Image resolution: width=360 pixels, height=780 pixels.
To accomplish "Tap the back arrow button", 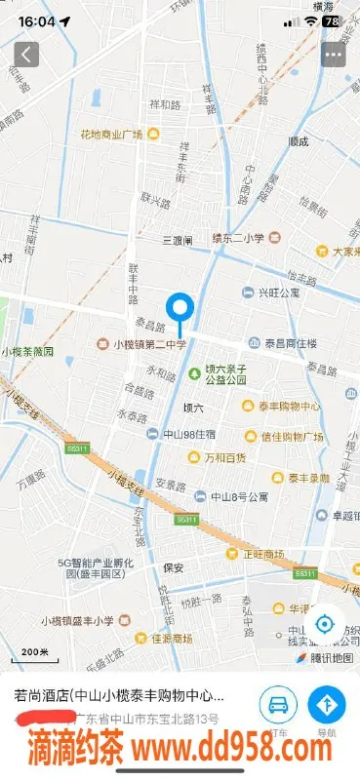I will pyautogui.click(x=26, y=54).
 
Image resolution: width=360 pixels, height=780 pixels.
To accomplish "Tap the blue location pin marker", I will pyautogui.click(x=180, y=310).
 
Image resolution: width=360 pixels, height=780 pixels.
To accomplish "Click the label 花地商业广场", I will pyautogui.click(x=111, y=134).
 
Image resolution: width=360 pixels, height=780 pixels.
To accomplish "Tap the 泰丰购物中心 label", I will pyautogui.click(x=289, y=407).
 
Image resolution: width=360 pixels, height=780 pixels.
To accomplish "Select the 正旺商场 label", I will pyautogui.click(x=263, y=554).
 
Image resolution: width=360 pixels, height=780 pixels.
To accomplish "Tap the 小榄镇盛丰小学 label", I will pyautogui.click(x=78, y=620).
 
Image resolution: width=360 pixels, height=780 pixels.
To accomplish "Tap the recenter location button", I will pyautogui.click(x=325, y=624).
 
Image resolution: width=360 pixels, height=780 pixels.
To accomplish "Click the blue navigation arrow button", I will pyautogui.click(x=327, y=704).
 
